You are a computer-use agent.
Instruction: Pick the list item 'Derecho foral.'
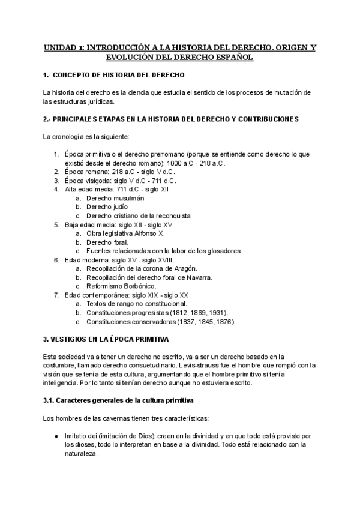tap(108, 242)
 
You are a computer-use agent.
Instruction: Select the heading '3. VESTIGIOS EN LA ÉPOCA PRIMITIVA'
tap(106, 339)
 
